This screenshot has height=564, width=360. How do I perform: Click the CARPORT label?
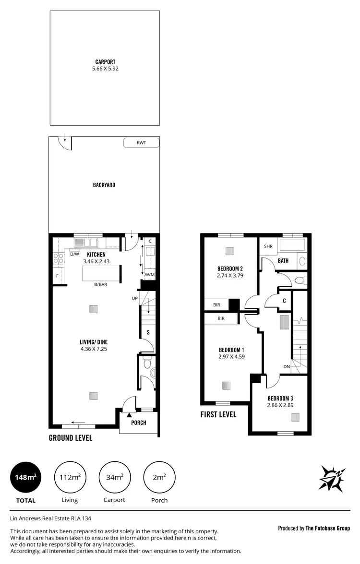click(x=105, y=62)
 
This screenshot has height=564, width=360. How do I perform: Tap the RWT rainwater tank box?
click(x=141, y=142)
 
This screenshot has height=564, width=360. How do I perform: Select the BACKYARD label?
click(x=104, y=185)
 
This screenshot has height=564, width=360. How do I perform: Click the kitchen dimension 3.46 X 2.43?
click(x=96, y=261)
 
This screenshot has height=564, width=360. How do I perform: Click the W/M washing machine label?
click(x=149, y=275)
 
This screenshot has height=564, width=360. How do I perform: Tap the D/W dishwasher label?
click(x=74, y=254)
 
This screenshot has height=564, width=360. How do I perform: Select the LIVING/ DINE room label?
click(x=94, y=342)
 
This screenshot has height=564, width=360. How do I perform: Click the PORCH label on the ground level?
click(x=138, y=423)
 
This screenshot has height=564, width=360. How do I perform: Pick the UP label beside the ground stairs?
click(x=135, y=298)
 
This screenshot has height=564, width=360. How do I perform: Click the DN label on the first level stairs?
click(x=286, y=366)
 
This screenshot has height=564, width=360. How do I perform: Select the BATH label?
click(x=283, y=261)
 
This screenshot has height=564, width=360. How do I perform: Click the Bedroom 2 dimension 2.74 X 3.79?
click(x=230, y=276)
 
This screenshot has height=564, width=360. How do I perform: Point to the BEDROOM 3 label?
click(x=280, y=399)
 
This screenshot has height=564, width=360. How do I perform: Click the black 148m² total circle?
click(x=25, y=477)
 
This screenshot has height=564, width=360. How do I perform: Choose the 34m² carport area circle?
click(x=114, y=477)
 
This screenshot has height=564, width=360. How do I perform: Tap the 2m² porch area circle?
click(x=159, y=477)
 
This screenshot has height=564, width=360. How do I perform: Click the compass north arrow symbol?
click(x=332, y=478)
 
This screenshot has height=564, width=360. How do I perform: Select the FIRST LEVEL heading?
click(x=218, y=414)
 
